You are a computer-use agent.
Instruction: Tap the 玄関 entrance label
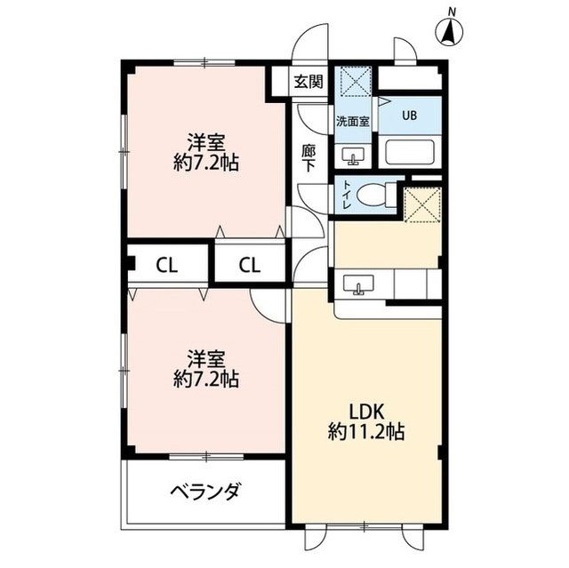click(x=309, y=82)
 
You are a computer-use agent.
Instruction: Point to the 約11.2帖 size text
click(x=365, y=433)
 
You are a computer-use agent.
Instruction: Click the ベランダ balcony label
click(x=204, y=492)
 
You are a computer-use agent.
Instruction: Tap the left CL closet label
click(x=166, y=264)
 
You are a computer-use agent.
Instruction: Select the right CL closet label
click(x=249, y=264)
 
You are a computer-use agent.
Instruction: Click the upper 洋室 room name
click(x=205, y=142)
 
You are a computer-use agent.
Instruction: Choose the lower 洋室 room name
click(x=205, y=359)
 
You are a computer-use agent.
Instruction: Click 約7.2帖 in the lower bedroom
click(x=205, y=380)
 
